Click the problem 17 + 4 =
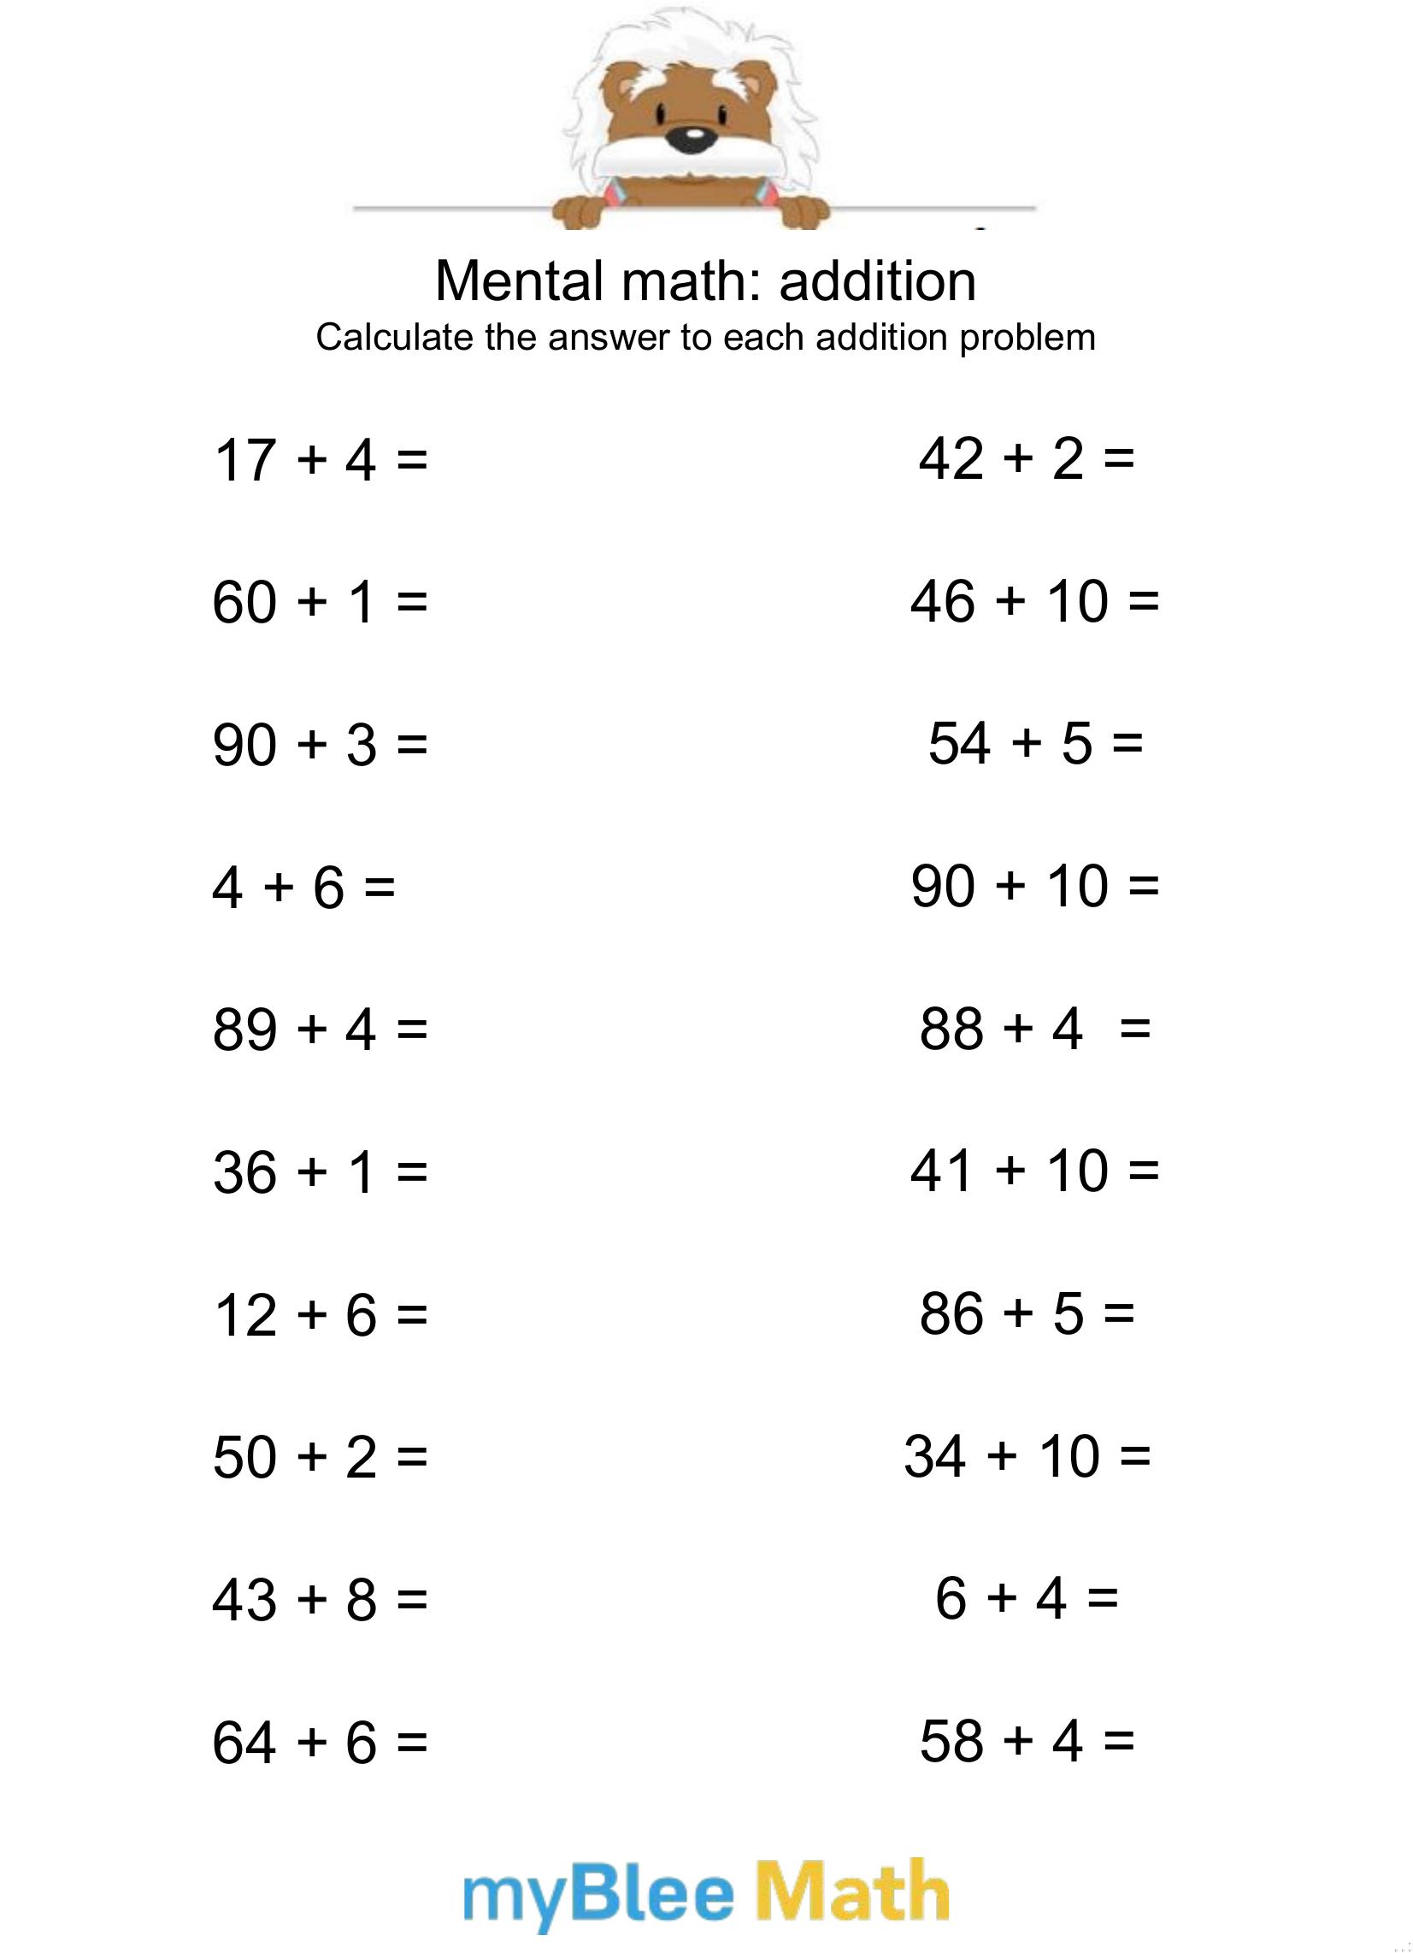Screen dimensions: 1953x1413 point(320,459)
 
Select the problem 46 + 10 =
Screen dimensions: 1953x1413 point(1034,601)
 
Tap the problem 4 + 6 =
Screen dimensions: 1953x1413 point(303,887)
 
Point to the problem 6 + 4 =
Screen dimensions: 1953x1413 point(1027,1598)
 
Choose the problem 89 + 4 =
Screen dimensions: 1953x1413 point(320,1029)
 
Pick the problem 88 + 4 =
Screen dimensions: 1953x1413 point(1034,1028)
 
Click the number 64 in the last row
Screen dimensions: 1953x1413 point(244,1742)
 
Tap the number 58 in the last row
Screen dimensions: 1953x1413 point(951,1740)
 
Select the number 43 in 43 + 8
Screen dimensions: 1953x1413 point(244,1599)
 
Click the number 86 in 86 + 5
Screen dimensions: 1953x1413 point(951,1314)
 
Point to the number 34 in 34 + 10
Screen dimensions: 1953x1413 point(935,1456)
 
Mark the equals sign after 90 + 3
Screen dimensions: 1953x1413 point(411,745)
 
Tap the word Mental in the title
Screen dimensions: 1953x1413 point(519,280)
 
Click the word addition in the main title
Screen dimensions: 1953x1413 point(877,280)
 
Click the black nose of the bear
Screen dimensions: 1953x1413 point(692,139)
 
